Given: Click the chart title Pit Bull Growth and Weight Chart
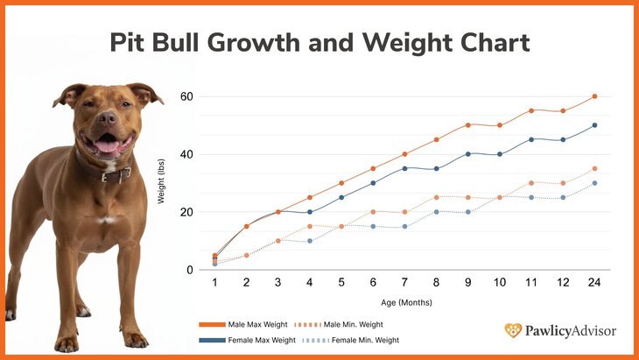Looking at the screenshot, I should point(319,42).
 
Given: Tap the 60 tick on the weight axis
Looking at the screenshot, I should point(186,96).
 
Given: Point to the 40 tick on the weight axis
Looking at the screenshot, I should point(186,154).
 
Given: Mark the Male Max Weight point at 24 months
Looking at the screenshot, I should point(594,96).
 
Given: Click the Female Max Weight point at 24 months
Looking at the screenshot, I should point(594,125).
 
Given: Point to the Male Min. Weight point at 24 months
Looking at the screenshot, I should point(594,168).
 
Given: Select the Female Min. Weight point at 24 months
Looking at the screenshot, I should point(594,183).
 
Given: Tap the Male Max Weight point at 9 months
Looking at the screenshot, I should point(467,125).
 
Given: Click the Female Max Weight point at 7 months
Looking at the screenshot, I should point(404,168).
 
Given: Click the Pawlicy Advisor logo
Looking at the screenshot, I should point(560,331).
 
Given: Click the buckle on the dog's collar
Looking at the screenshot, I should point(111,176).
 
